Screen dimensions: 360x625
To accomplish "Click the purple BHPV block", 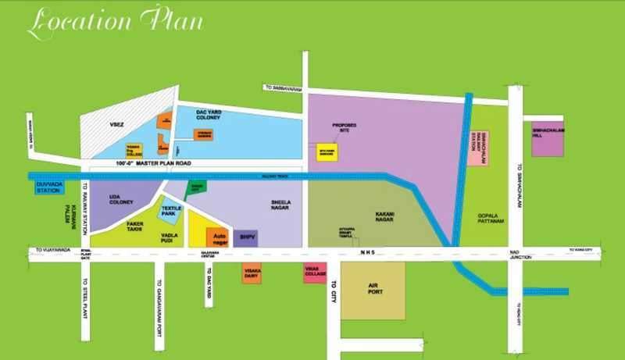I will tap(248, 236).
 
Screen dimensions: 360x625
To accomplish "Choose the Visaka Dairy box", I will tap(252, 274).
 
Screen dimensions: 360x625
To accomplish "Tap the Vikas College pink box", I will tap(314, 274).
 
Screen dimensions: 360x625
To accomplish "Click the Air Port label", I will tap(378, 286).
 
